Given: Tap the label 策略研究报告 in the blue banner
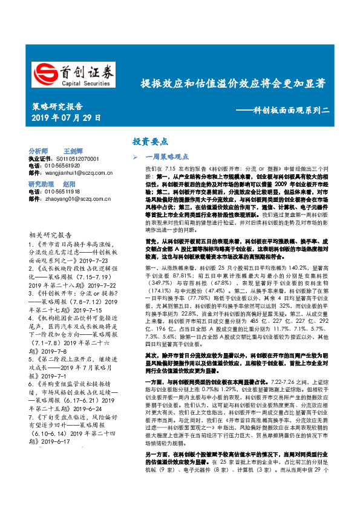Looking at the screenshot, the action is pos(59,106).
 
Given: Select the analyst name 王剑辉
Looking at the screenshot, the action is pos(73,151).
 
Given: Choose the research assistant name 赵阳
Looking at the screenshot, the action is pos(69,184).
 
